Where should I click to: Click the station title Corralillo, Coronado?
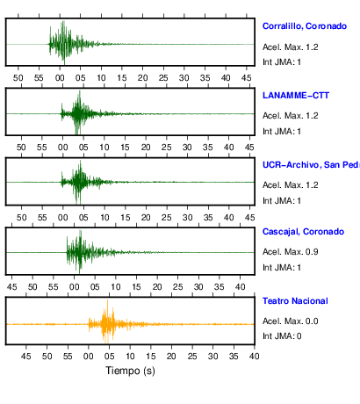point(305,26)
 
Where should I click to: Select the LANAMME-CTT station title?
point(296,96)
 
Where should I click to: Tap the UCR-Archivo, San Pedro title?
point(311,165)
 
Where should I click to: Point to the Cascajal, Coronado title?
point(303,232)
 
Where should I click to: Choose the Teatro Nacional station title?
point(295,301)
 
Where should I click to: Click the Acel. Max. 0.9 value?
point(290,252)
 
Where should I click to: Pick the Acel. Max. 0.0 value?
point(290,321)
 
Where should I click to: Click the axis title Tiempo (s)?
point(130,371)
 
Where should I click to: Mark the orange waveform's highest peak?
point(107,300)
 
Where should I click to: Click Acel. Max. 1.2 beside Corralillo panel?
point(290,47)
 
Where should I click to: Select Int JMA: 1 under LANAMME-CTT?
point(282,132)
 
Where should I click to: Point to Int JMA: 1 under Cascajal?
point(282,268)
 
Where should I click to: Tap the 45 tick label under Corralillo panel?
point(247,78)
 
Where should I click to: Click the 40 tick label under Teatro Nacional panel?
point(254,357)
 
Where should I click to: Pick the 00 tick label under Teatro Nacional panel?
point(88,357)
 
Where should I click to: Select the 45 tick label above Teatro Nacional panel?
point(11,286)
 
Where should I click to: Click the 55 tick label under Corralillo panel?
point(39,78)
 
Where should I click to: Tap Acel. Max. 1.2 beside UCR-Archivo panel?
point(290,185)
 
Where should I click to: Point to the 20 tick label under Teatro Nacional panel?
point(171,357)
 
